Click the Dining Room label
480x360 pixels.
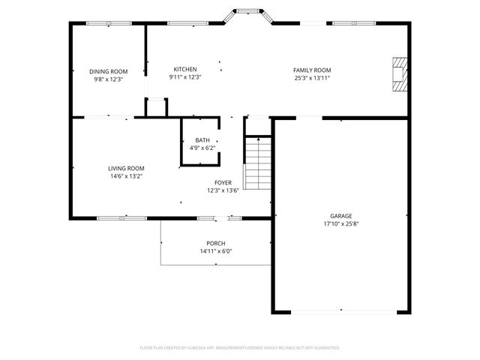[x=109, y=71]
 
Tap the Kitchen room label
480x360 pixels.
[x=185, y=69]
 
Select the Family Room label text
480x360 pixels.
[x=312, y=70]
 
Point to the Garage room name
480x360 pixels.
[x=341, y=216]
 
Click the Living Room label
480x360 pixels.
[x=126, y=168]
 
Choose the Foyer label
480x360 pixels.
[x=223, y=182]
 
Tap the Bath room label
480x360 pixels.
[x=202, y=140]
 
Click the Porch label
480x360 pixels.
[x=216, y=243]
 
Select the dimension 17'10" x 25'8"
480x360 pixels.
[x=341, y=223]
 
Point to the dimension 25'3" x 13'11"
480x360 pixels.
[x=312, y=77]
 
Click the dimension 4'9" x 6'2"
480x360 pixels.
[x=202, y=148]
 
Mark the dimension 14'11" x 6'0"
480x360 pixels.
[x=216, y=251]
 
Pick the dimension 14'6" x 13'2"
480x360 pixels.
[x=126, y=176]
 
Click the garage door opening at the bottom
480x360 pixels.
[x=342, y=310]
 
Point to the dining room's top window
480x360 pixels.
[x=109, y=23]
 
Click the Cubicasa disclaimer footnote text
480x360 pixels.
[x=240, y=348]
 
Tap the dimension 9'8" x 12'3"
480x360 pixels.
[x=109, y=79]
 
